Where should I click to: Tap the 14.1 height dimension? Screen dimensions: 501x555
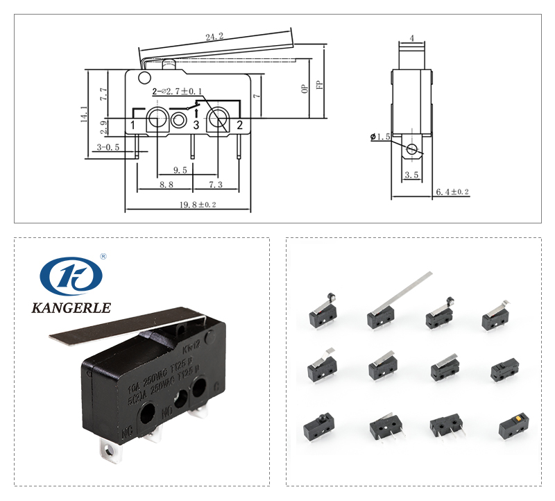(x=85, y=114)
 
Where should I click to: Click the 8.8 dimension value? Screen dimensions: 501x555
(x=166, y=185)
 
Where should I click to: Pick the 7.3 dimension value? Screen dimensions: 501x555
(x=215, y=185)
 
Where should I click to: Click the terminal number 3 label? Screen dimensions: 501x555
(x=196, y=125)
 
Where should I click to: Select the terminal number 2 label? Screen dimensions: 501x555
(x=239, y=125)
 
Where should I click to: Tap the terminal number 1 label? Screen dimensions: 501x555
(x=132, y=125)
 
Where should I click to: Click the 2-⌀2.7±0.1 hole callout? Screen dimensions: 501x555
(x=177, y=91)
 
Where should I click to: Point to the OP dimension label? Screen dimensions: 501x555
(x=305, y=89)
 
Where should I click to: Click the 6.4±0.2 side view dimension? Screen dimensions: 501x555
(x=452, y=192)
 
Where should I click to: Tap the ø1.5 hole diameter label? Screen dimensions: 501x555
(x=382, y=137)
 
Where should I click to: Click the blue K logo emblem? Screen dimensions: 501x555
(x=71, y=276)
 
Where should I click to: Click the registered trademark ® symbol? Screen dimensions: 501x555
(x=103, y=256)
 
